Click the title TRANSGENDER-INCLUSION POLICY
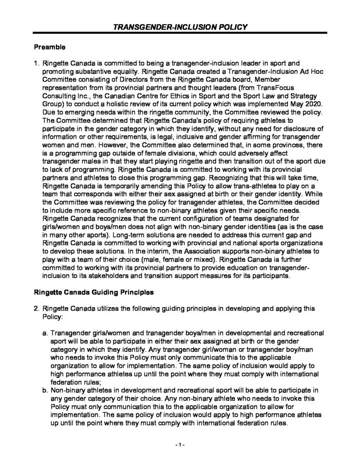pyautogui.click(x=180, y=27)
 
